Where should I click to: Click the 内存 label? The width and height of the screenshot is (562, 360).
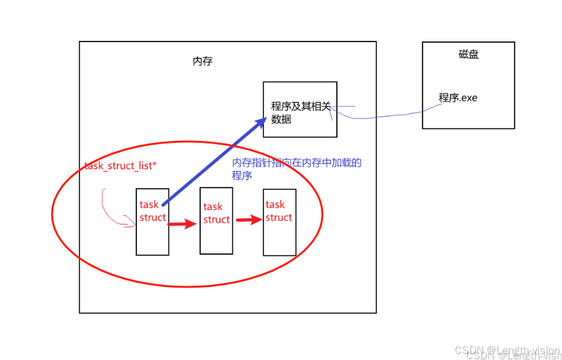[203, 61]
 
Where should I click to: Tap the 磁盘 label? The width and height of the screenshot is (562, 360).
[469, 55]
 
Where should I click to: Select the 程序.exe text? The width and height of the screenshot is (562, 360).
[458, 98]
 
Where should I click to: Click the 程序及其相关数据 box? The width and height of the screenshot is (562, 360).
[300, 109]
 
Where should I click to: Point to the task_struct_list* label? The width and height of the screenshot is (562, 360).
[121, 165]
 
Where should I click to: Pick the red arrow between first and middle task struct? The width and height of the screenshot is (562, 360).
[183, 224]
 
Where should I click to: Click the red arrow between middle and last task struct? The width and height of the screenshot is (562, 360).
[249, 220]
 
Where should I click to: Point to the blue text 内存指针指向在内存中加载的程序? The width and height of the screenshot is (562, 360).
[297, 163]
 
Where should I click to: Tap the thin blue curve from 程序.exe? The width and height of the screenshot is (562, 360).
[382, 116]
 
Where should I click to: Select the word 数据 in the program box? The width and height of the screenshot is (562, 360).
[282, 120]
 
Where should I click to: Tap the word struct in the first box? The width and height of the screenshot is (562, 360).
[153, 218]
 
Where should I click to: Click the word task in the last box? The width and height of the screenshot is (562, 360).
[275, 205]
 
